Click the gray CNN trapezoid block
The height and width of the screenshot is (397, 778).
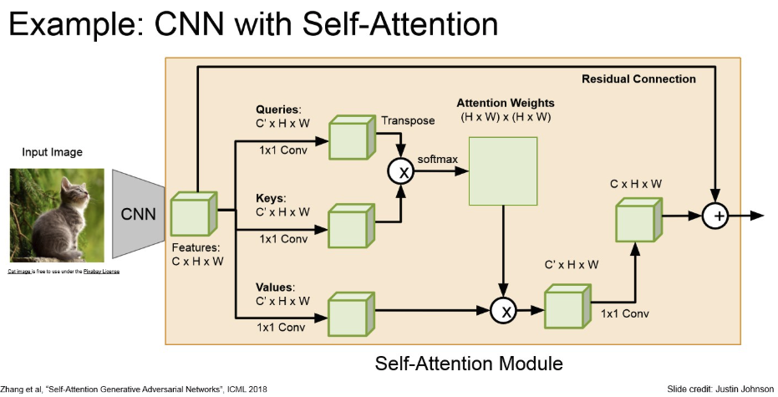(139, 213)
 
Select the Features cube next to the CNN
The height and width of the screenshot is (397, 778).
(193, 215)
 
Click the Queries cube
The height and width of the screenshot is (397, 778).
(352, 136)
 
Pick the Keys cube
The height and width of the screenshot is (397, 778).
(352, 225)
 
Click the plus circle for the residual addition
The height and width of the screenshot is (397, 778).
(715, 216)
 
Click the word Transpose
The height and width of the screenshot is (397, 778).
(408, 120)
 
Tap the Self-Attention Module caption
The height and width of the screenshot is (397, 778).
(469, 364)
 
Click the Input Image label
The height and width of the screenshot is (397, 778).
(53, 152)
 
